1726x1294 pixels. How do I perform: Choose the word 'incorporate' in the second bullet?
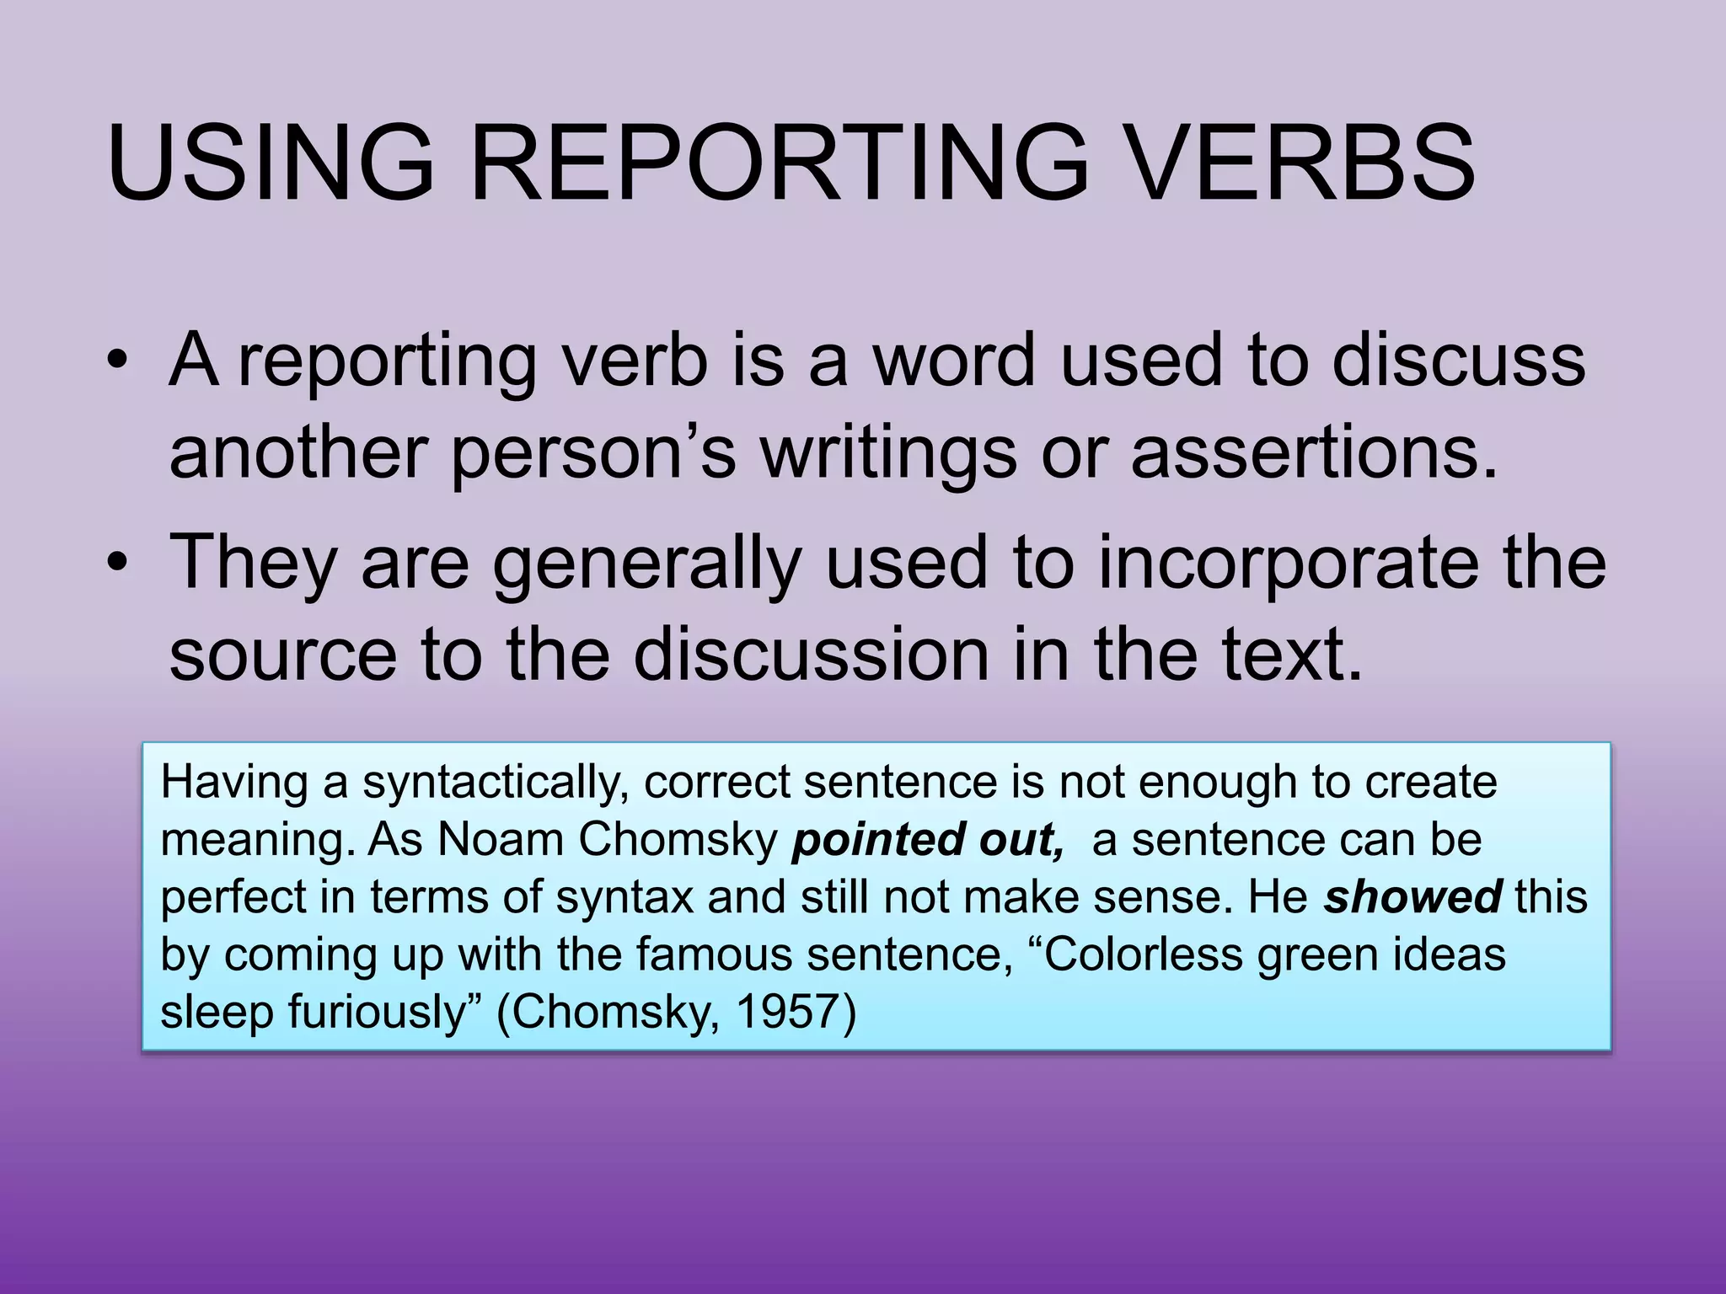pyautogui.click(x=1289, y=563)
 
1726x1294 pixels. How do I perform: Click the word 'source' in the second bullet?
pyautogui.click(x=283, y=655)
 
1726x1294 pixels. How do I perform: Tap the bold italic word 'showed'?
pyautogui.click(x=1412, y=897)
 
